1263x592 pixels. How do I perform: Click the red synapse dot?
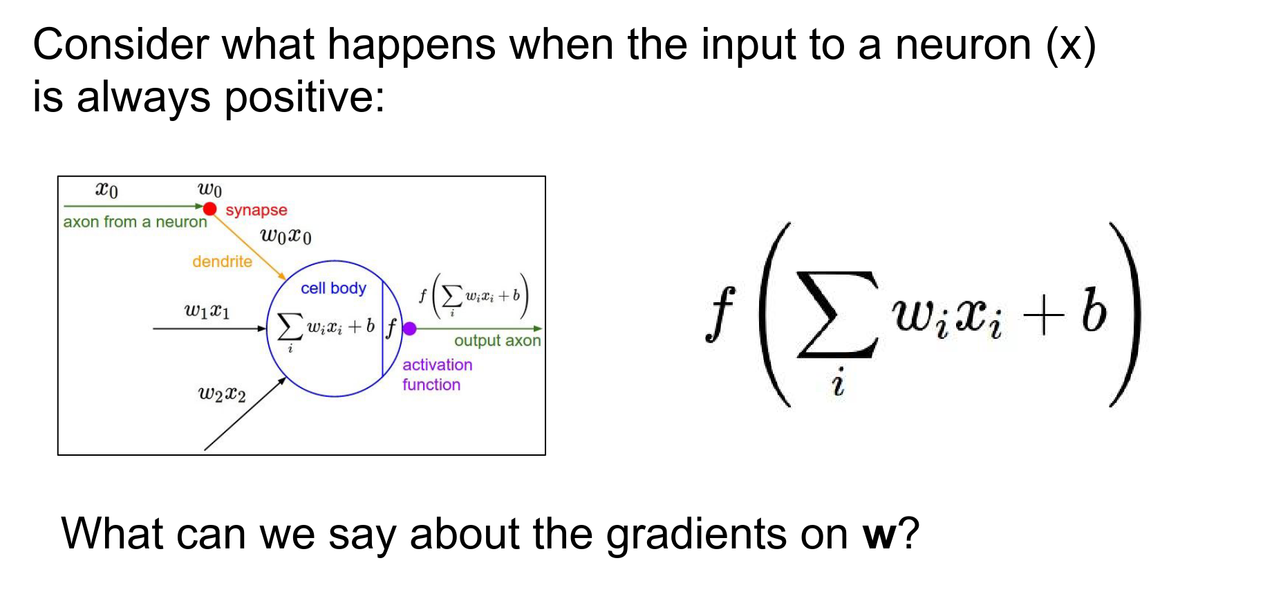[210, 208]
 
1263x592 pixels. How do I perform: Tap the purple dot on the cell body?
[409, 329]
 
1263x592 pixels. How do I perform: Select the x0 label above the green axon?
[106, 189]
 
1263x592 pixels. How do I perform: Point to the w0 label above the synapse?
[209, 189]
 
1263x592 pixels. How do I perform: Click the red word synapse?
[256, 210]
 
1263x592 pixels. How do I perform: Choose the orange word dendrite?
[222, 261]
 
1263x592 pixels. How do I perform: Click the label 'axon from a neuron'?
[135, 222]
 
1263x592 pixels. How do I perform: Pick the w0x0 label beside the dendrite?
[286, 237]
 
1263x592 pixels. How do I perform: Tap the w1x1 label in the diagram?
[207, 311]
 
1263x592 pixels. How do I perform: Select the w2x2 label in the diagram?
[222, 394]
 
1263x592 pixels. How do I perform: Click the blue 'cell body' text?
[333, 288]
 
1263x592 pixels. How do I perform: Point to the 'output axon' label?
[497, 340]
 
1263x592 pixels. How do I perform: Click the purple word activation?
[438, 364]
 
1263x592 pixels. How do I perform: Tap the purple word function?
[431, 385]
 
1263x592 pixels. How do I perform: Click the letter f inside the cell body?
[391, 328]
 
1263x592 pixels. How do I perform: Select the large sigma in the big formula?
[838, 315]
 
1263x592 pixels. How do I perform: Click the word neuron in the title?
[963, 46]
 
